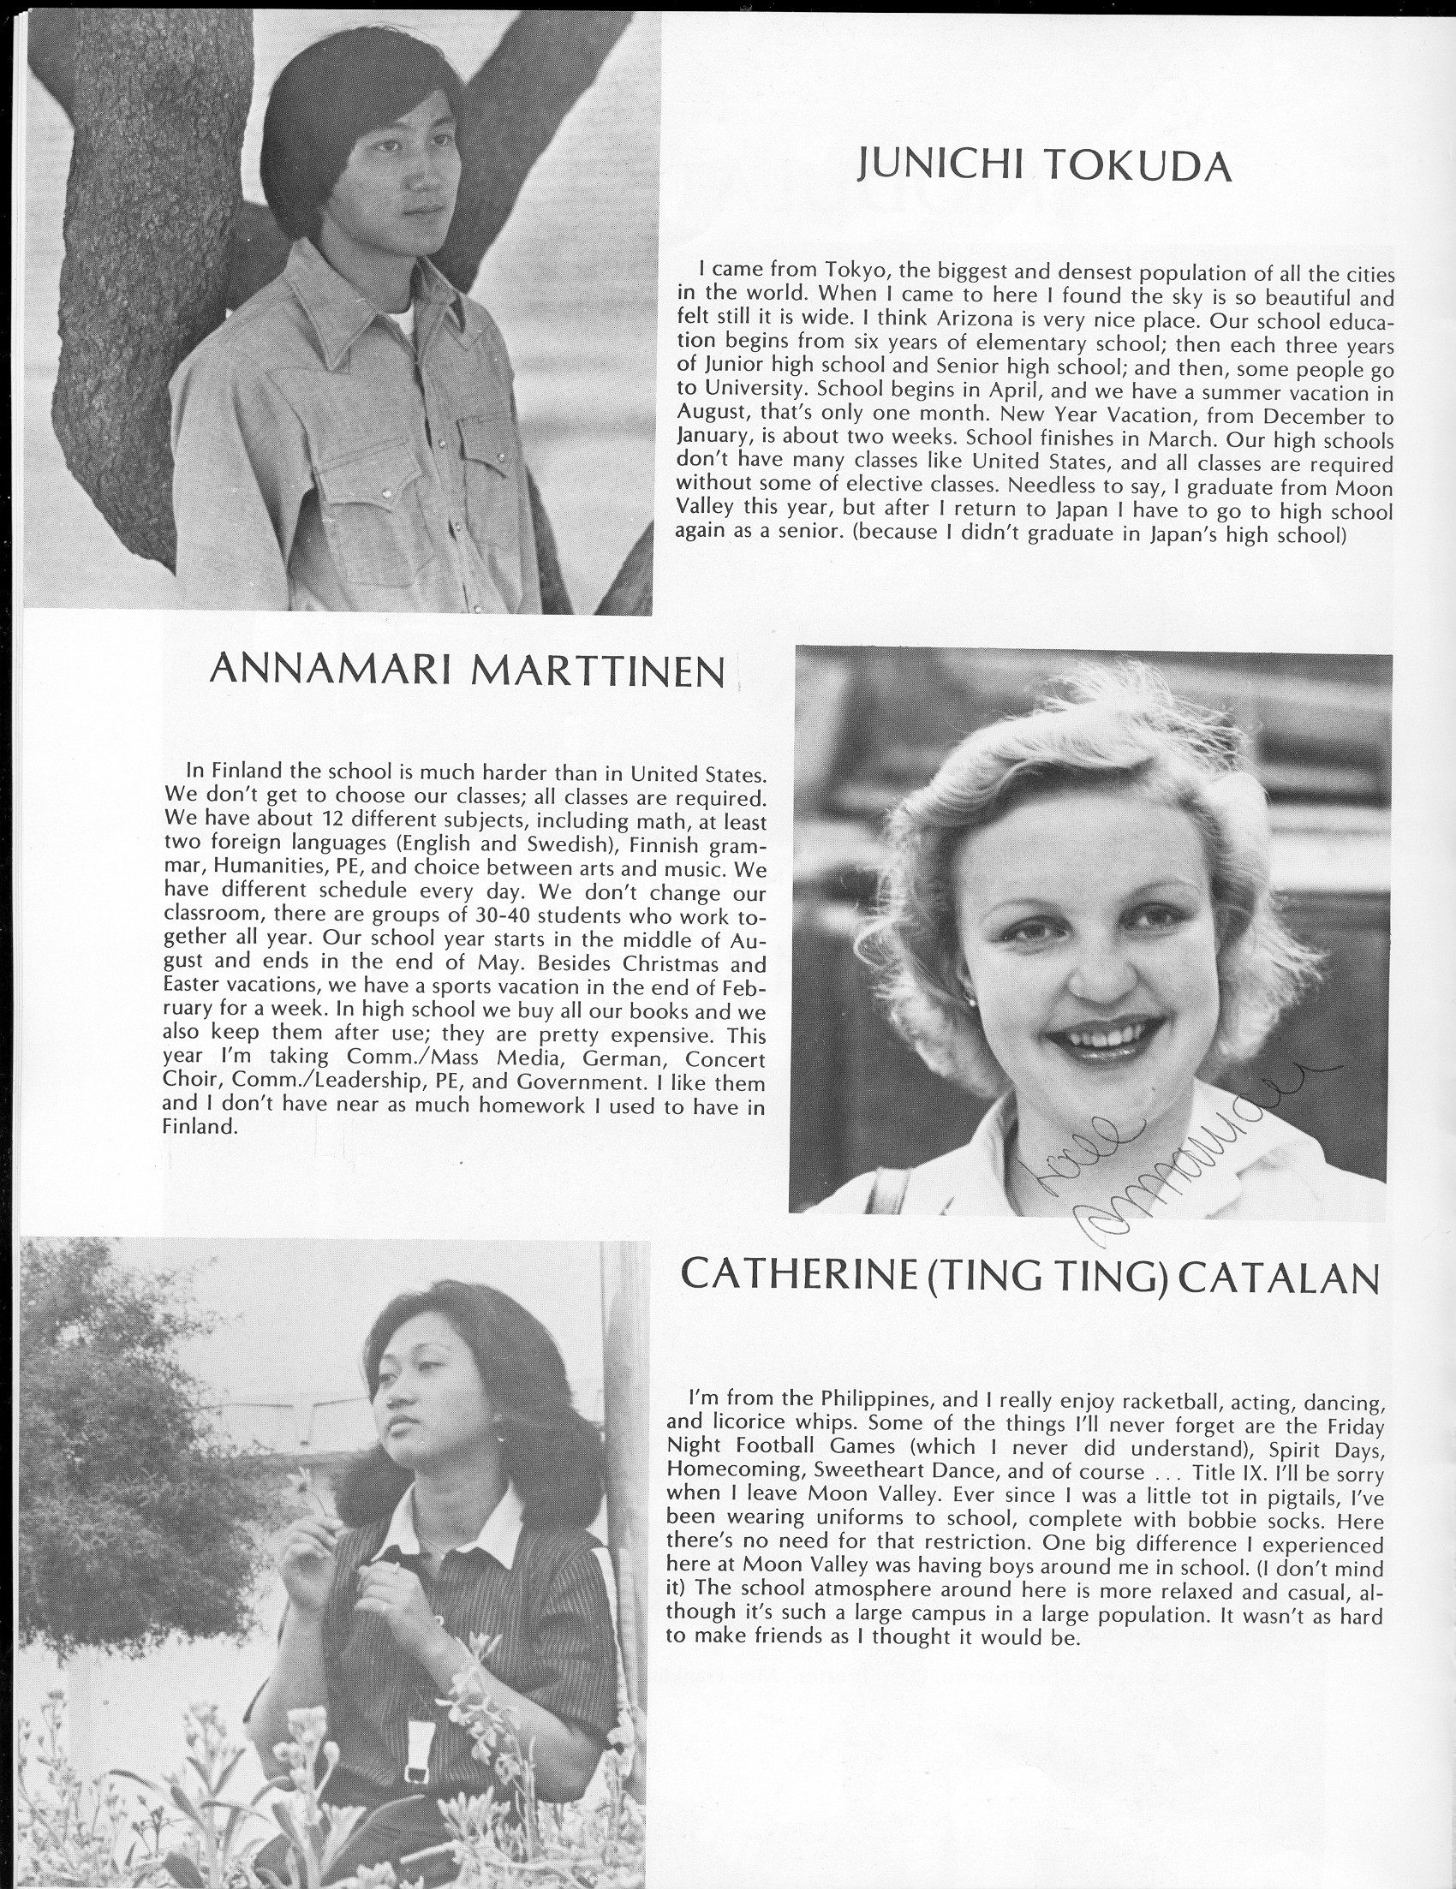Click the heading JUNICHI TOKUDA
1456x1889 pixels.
(1043, 164)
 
